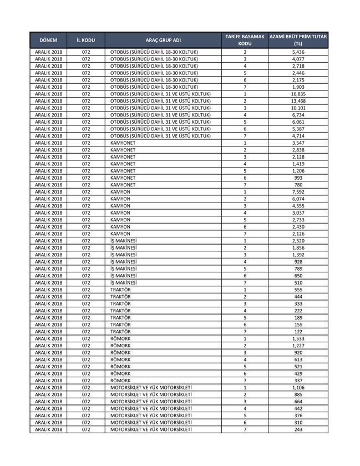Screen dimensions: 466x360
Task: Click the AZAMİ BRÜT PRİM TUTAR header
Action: coord(298,40)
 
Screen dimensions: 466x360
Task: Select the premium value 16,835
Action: coord(298,94)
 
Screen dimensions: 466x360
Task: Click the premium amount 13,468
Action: coord(298,101)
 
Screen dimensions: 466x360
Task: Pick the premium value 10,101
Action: coord(298,108)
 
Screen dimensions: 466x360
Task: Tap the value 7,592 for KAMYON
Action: coord(298,191)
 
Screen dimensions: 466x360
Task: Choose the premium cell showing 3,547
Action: coord(298,143)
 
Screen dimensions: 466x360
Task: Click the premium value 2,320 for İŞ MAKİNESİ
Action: coord(298,241)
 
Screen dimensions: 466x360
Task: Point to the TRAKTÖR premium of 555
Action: coord(298,290)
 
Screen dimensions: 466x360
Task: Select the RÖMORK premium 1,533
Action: coord(298,338)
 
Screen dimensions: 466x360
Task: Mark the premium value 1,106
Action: coord(298,387)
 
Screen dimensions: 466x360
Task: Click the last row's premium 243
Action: coord(298,429)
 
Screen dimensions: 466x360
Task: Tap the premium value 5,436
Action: coord(298,52)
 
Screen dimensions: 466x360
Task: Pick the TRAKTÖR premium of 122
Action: coord(298,331)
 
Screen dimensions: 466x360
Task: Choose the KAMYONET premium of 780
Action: coord(298,185)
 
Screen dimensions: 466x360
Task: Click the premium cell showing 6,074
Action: coord(298,199)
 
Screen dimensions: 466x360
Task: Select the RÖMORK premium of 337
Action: coord(298,381)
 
